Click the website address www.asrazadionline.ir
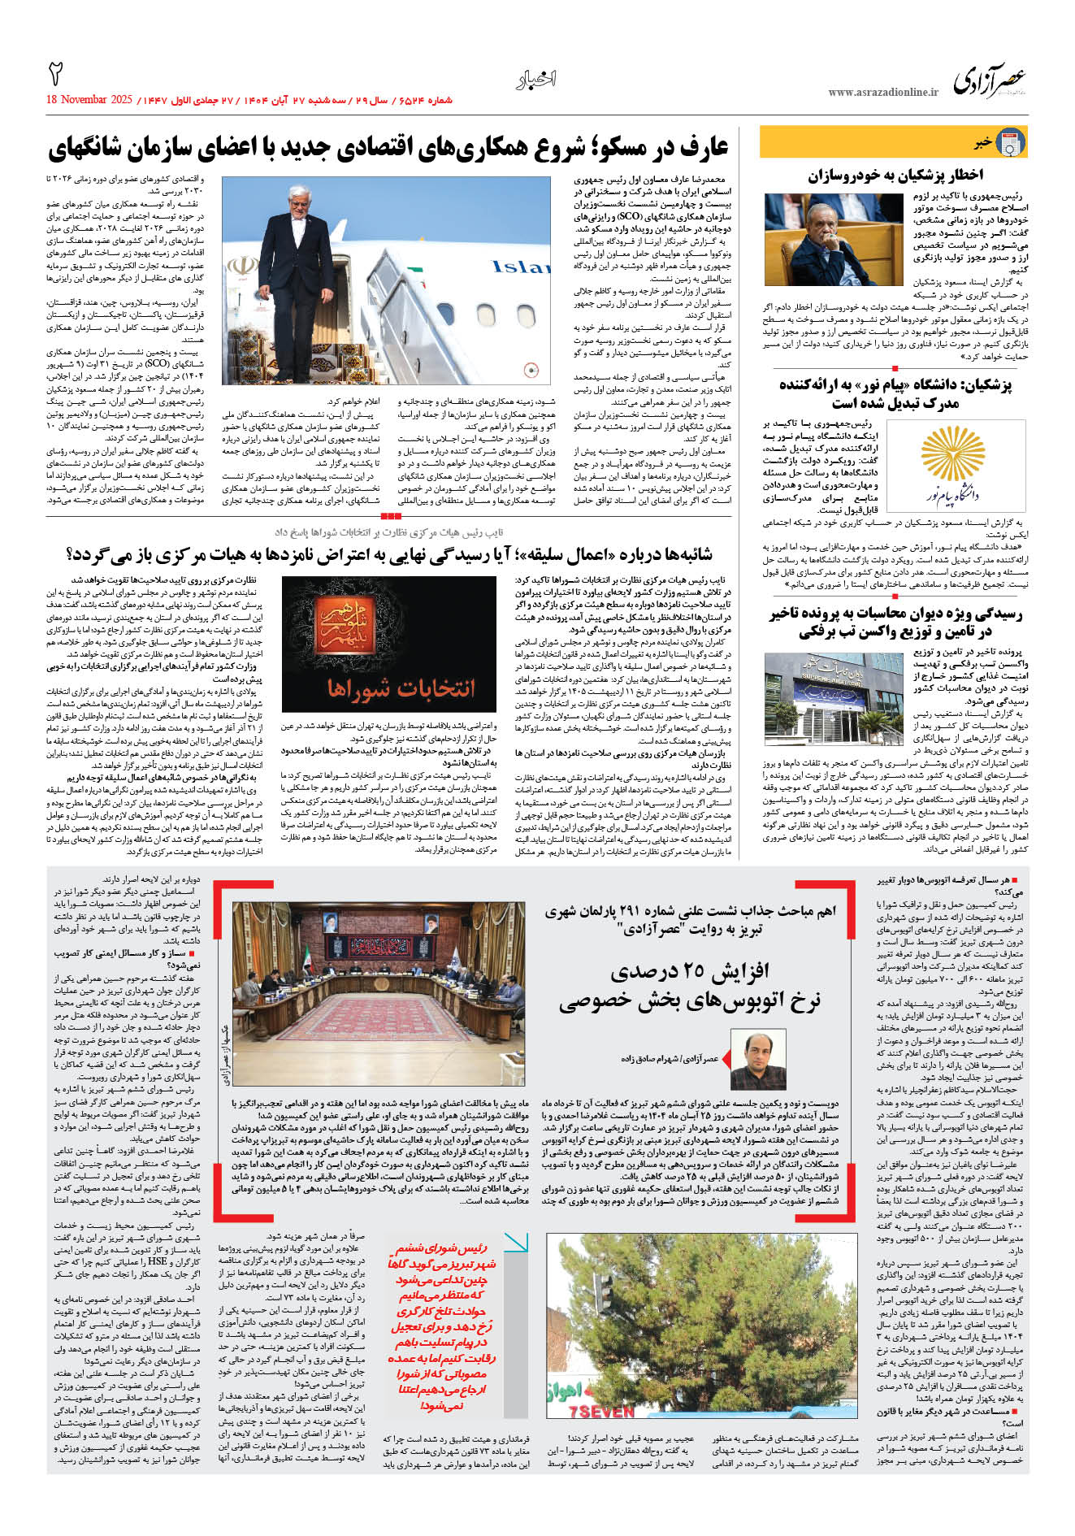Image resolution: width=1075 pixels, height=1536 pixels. pyautogui.click(x=882, y=93)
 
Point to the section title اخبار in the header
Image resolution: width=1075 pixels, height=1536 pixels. pyautogui.click(x=536, y=80)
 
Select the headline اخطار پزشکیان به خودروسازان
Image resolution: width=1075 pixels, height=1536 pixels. pyautogui.click(x=895, y=175)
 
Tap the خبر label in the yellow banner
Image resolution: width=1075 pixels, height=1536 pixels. pyautogui.click(x=982, y=143)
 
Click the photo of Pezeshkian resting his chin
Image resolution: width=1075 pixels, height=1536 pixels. pyautogui.click(x=822, y=239)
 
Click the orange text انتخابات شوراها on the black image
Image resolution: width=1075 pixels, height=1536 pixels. pyautogui.click(x=401, y=688)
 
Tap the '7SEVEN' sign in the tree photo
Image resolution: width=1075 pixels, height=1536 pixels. pyautogui.click(x=601, y=1412)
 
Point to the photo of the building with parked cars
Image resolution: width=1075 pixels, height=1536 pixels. pyautogui.click(x=834, y=701)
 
